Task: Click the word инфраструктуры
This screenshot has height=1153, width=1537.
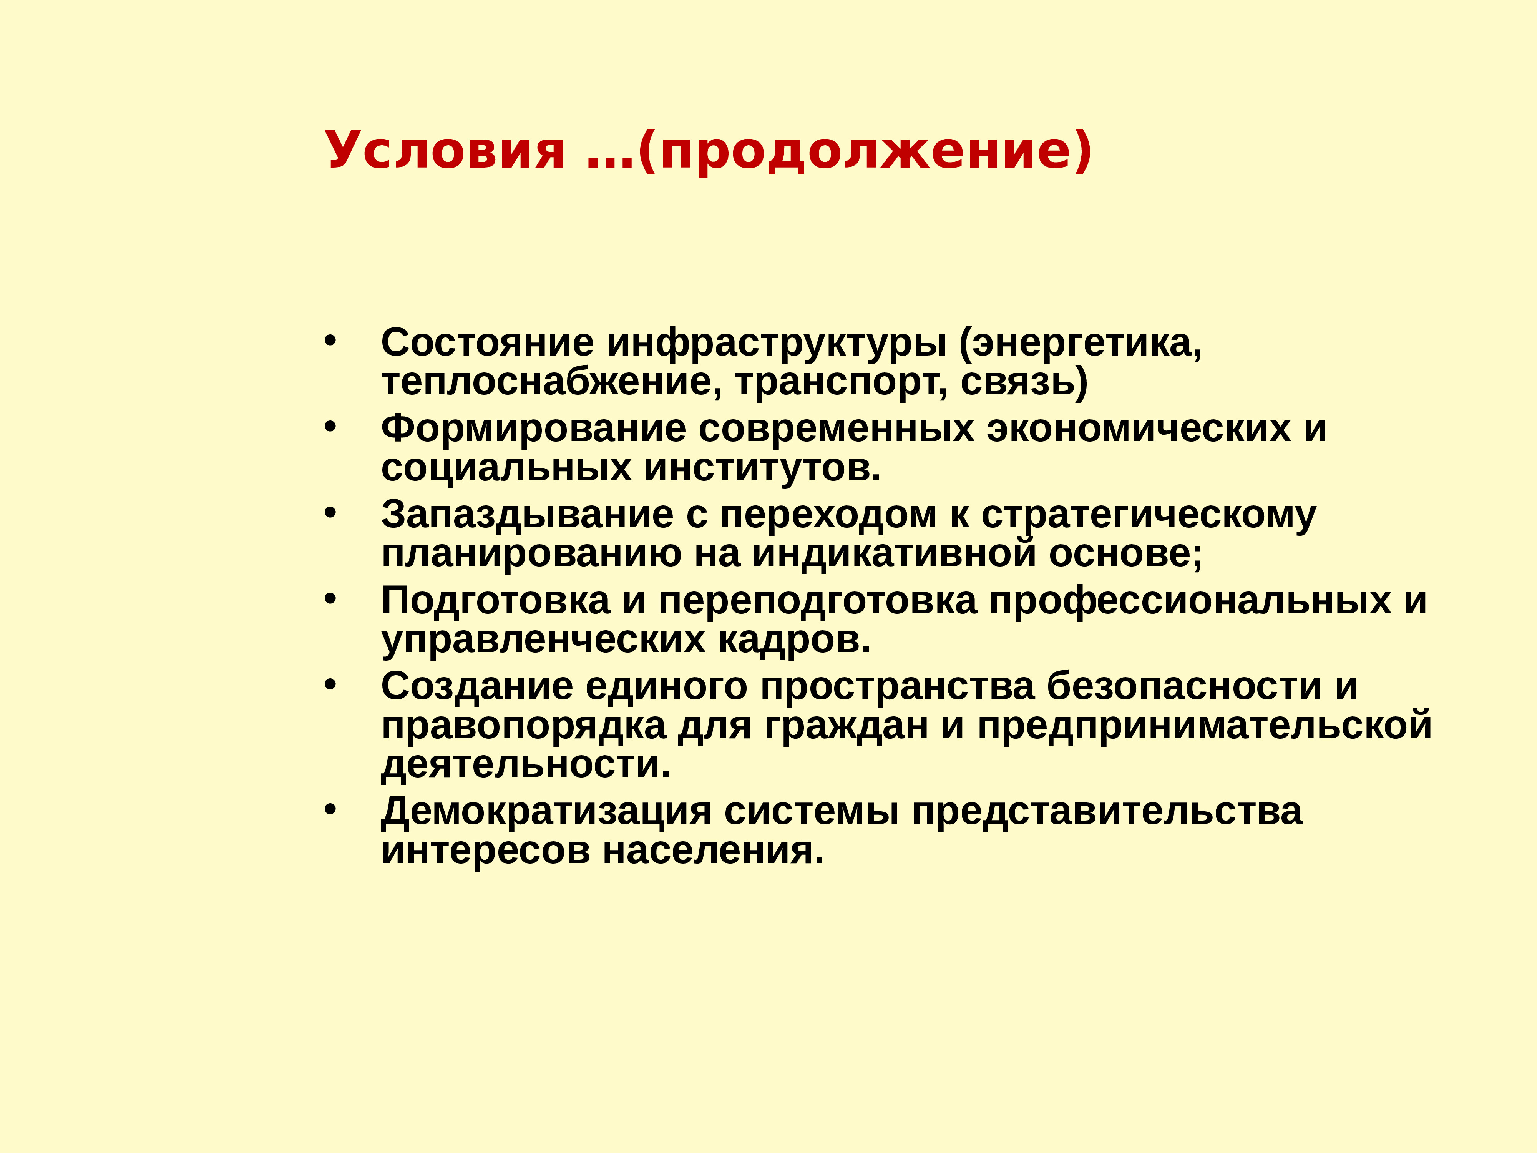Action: click(777, 343)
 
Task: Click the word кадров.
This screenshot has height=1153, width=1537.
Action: click(794, 640)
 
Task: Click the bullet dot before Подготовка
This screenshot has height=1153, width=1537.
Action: click(330, 599)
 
